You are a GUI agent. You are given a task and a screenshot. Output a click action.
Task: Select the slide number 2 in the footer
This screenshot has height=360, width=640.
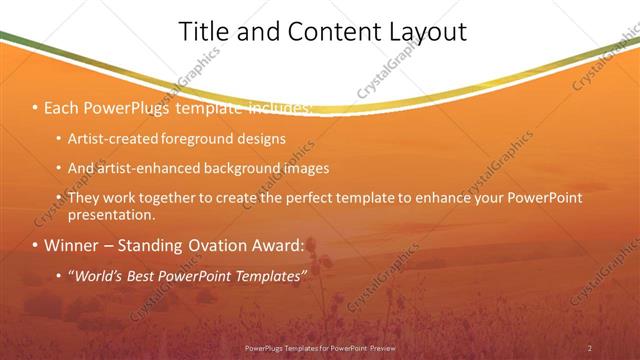pos(590,348)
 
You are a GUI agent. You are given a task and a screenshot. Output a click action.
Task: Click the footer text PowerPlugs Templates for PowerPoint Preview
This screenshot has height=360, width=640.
pos(320,348)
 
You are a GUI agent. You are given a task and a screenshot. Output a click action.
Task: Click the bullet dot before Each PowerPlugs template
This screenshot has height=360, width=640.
pos(36,107)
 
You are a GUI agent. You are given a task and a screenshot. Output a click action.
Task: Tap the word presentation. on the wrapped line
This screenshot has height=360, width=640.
pos(112,214)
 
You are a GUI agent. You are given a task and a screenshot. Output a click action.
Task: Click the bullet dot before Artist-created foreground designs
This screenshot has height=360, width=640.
pos(59,139)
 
